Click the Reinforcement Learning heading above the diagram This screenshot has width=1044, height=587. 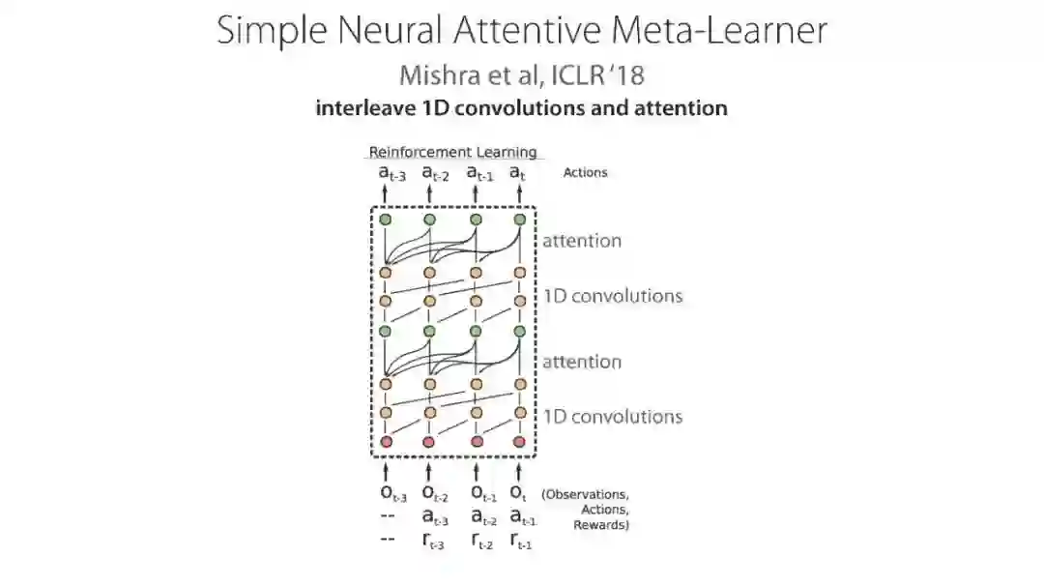tap(452, 152)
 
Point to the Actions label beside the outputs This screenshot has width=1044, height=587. tap(585, 172)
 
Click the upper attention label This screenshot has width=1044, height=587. tap(581, 241)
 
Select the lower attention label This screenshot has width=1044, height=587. tap(581, 362)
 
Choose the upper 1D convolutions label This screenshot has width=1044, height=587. tap(613, 296)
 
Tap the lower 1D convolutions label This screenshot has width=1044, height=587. tap(613, 417)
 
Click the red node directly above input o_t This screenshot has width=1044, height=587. tap(520, 442)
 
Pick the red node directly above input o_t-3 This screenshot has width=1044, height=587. tap(385, 442)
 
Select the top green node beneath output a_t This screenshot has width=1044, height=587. tap(520, 220)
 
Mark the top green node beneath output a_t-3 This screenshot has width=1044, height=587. tap(385, 220)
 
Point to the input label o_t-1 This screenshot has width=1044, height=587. tap(480, 496)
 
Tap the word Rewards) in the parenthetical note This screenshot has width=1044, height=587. tap(601, 525)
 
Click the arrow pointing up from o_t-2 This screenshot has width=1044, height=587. tap(429, 471)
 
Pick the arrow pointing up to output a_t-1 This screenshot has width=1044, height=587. tap(476, 195)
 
